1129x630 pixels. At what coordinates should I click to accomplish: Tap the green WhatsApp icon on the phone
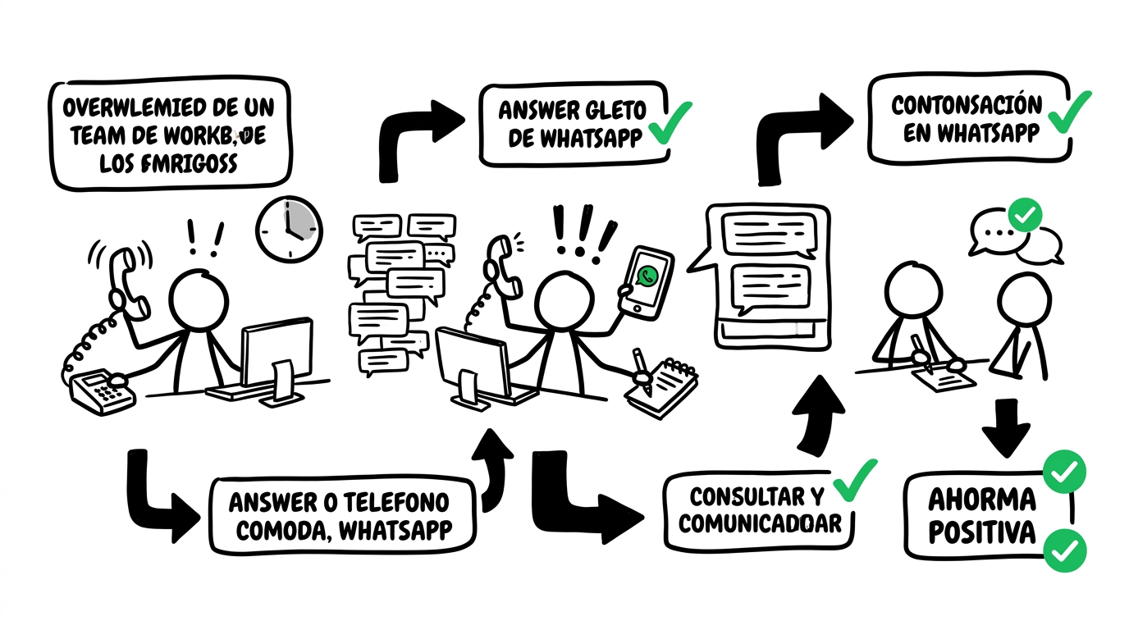tap(649, 276)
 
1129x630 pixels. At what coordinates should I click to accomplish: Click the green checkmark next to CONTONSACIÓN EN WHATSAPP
tap(1069, 111)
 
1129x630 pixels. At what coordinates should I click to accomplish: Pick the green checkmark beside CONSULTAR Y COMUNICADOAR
tap(855, 479)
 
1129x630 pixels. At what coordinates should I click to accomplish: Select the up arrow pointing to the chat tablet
tap(818, 414)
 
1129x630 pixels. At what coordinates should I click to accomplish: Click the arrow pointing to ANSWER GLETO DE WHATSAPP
tap(418, 131)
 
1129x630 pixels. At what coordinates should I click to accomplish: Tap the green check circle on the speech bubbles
tap(1023, 215)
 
